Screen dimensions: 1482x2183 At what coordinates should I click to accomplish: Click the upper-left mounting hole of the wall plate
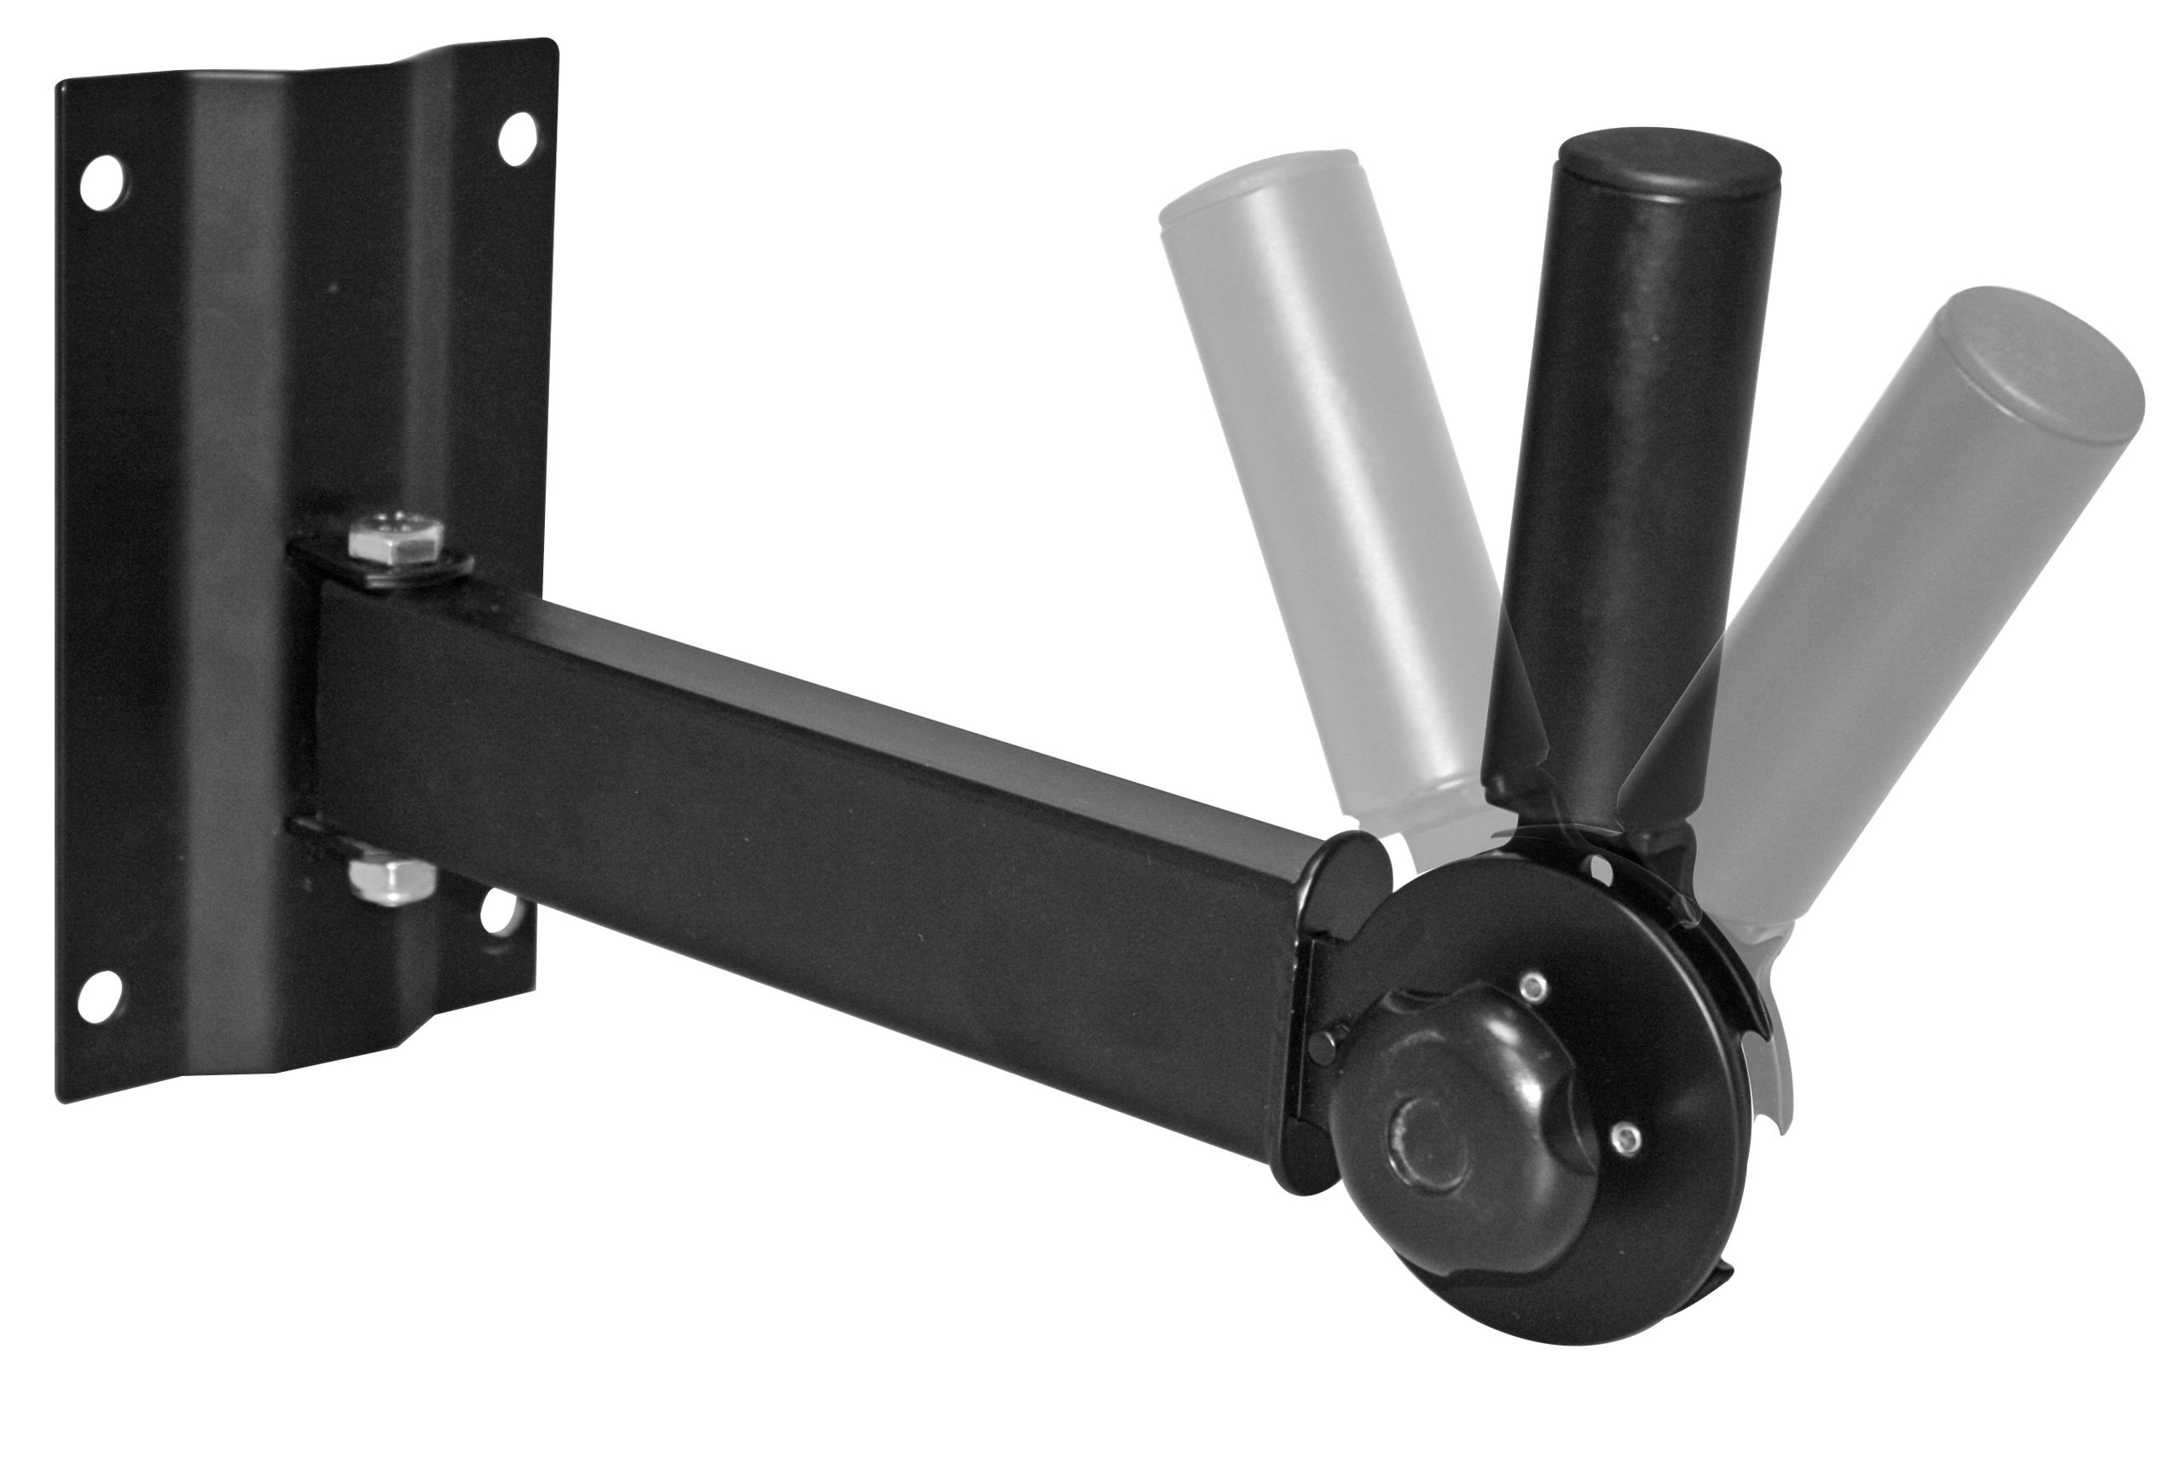pos(101,182)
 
